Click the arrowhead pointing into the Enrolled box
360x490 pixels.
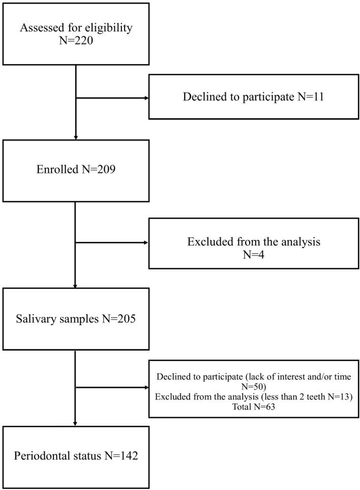click(75, 136)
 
